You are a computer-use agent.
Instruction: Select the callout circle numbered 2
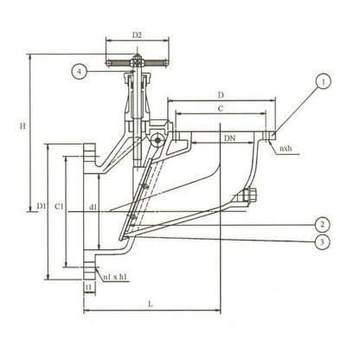coord(322,222)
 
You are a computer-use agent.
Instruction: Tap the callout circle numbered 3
coord(322,243)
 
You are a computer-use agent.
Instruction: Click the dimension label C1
coord(59,207)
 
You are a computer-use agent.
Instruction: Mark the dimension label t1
coord(88,285)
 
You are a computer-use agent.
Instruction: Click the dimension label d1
coord(93,207)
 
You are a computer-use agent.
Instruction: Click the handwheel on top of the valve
coord(135,63)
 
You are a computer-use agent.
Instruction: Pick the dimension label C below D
coord(222,108)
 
